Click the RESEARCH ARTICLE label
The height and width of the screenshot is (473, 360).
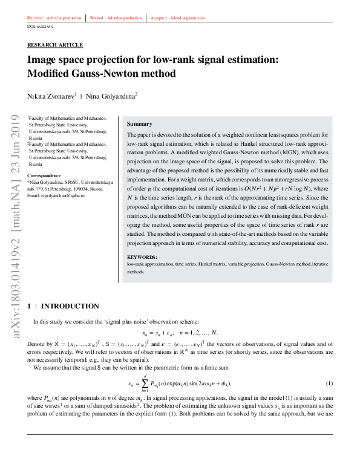55,45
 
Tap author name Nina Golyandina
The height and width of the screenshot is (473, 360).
111,96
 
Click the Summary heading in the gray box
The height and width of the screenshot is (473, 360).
139,124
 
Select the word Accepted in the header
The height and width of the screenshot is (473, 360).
159,18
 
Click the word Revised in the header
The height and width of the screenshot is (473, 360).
97,18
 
